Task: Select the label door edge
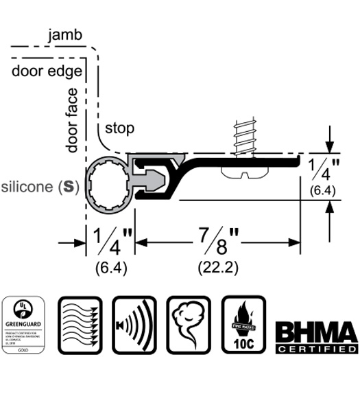pos(47,71)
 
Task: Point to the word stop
pos(119,128)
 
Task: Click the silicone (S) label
pos(39,186)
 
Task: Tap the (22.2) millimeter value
pos(217,266)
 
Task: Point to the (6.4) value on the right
pos(322,192)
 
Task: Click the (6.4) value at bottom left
pos(110,266)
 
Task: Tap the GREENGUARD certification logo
pos(25,325)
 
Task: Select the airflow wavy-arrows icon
pos(80,325)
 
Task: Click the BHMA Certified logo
pos(316,337)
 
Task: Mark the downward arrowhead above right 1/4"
pos(331,146)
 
